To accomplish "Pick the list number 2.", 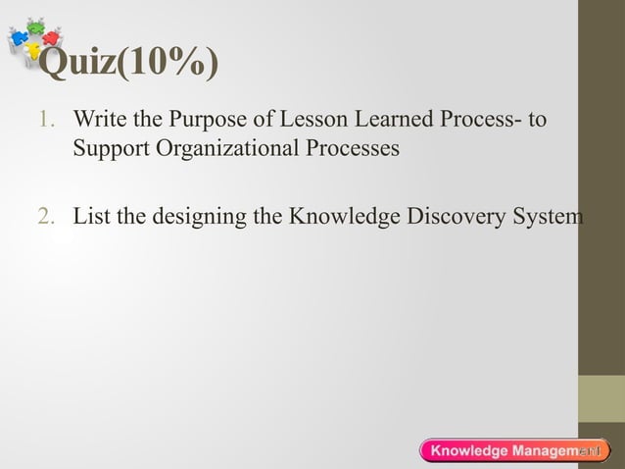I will click(x=45, y=216).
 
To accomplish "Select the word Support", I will click(x=108, y=150).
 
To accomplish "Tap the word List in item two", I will click(x=92, y=216).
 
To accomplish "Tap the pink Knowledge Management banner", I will click(x=514, y=450).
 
